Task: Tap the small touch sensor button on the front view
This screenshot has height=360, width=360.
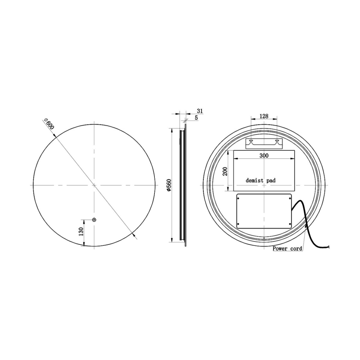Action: click(94, 220)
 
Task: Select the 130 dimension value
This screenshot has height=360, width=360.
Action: click(81, 232)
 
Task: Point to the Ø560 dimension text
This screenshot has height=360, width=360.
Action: click(169, 185)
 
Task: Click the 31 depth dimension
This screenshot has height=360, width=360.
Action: click(200, 111)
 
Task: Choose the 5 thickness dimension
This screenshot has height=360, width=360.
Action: click(196, 118)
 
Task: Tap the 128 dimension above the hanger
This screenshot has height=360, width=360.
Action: click(264, 116)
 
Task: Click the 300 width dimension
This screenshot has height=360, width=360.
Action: click(264, 156)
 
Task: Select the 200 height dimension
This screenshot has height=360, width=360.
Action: click(225, 171)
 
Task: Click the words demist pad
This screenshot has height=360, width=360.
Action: click(261, 180)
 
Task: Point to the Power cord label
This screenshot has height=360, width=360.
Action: click(288, 248)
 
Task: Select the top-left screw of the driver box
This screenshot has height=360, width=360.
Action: click(239, 197)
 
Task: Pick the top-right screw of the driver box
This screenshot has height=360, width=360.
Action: click(290, 197)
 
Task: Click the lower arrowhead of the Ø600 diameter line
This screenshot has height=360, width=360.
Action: click(134, 234)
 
